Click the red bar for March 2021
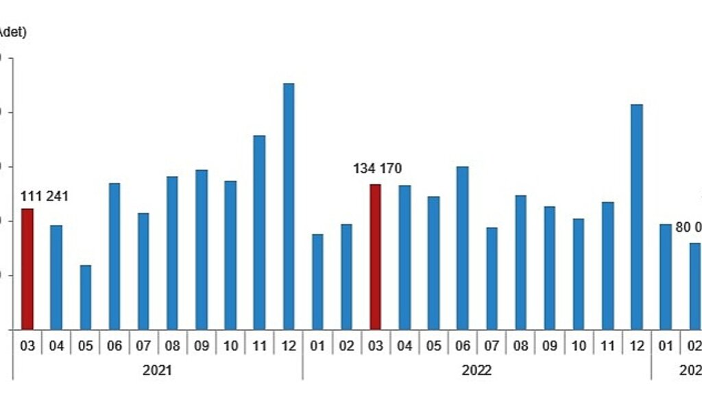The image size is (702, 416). [27, 269]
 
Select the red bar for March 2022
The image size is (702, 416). [376, 256]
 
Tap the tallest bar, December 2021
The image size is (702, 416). [289, 206]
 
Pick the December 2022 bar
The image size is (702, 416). [637, 217]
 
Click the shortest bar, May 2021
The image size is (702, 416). [86, 297]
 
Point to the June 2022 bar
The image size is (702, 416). [463, 247]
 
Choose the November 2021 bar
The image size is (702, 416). [259, 232]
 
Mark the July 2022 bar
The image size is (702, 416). [492, 278]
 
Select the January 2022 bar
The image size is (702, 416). [317, 282]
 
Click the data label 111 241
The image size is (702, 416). [45, 197]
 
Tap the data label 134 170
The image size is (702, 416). [378, 169]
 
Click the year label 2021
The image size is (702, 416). [158, 370]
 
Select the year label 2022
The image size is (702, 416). [476, 370]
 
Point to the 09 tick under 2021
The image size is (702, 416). [202, 346]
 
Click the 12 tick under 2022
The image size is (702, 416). [637, 346]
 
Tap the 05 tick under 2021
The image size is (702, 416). [86, 346]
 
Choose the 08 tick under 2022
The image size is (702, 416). [521, 346]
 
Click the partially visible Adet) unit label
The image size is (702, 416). [12, 32]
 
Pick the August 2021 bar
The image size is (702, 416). [172, 253]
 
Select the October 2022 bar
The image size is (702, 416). [579, 274]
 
